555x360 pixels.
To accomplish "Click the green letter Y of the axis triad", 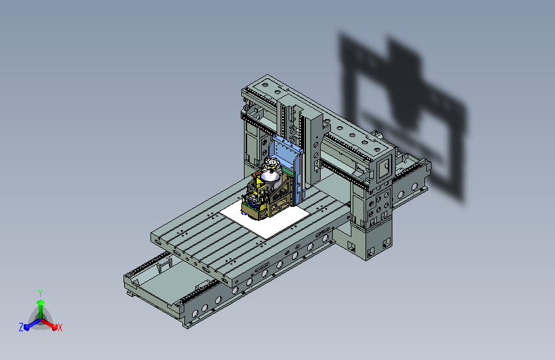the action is [40, 293].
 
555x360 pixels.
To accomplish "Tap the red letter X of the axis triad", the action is [60, 328].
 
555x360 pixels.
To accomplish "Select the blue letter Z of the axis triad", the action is [21, 327].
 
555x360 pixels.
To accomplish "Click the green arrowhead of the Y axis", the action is [41, 303].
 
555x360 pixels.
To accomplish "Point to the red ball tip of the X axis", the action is [54, 327].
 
